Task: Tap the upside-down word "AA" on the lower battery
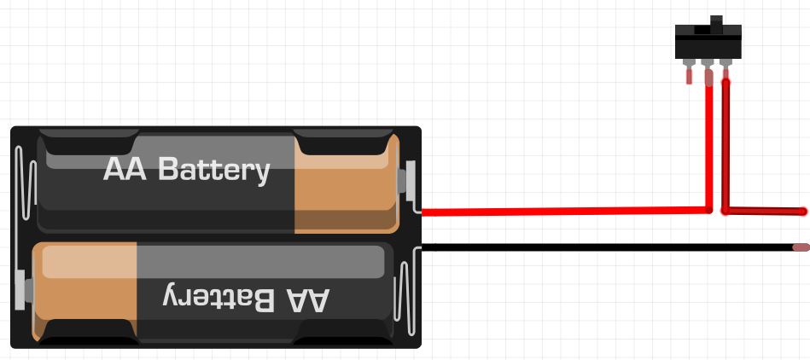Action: coord(305,299)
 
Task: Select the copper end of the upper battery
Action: coord(345,183)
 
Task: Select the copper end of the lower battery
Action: coord(85,290)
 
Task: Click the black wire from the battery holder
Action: coord(597,247)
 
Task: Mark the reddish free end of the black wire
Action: coord(801,247)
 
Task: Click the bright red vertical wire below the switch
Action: coord(708,145)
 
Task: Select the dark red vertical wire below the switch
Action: coord(726,145)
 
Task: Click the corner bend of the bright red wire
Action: coord(708,210)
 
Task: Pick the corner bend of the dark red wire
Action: coord(726,210)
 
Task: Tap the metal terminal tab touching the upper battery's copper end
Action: coord(411,179)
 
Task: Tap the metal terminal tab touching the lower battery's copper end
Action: coord(21,290)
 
